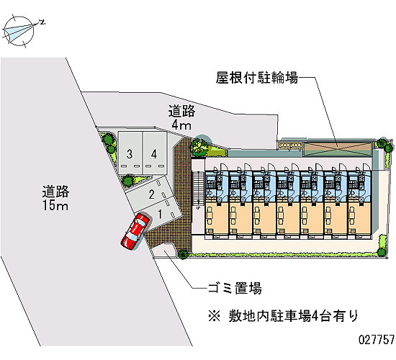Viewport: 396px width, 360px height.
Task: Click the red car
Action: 135,231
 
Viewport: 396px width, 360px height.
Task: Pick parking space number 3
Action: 130,153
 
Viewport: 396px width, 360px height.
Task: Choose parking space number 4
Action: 154,153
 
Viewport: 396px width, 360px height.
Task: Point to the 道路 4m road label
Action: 182,117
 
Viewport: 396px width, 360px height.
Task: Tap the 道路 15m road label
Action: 55,198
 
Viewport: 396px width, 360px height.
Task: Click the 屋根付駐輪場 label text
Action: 257,78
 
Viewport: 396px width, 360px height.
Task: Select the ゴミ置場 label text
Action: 235,288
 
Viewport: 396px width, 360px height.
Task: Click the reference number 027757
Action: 377,340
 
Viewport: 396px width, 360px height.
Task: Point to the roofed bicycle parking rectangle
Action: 338,149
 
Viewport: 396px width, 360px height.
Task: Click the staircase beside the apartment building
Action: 198,188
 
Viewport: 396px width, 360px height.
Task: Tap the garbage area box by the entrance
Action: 164,251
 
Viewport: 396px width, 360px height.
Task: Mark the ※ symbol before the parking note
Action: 214,316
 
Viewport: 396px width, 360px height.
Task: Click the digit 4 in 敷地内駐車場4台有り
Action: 315,316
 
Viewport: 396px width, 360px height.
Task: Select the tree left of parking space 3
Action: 109,139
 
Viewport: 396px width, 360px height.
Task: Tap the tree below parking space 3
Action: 128,181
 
